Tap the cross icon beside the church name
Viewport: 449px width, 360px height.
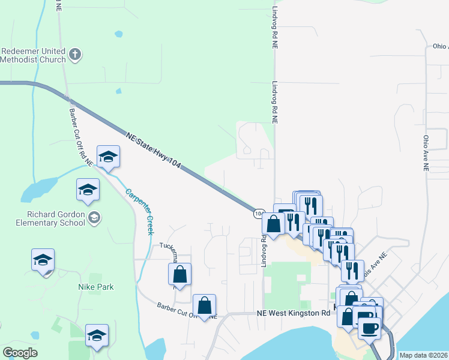(x=75, y=55)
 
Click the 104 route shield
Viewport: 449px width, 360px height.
(x=258, y=213)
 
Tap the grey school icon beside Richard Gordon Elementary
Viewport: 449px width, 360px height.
(x=94, y=217)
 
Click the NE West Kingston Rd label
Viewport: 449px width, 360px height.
(x=294, y=313)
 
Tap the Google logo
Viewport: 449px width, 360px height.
(x=20, y=353)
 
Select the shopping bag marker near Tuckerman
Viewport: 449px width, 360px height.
(x=179, y=275)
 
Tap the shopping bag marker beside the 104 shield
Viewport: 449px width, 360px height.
(x=274, y=224)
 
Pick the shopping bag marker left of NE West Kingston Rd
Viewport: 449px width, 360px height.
(x=205, y=305)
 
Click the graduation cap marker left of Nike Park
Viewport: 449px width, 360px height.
(x=43, y=261)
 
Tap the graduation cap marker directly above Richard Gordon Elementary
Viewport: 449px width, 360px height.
(x=88, y=190)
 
